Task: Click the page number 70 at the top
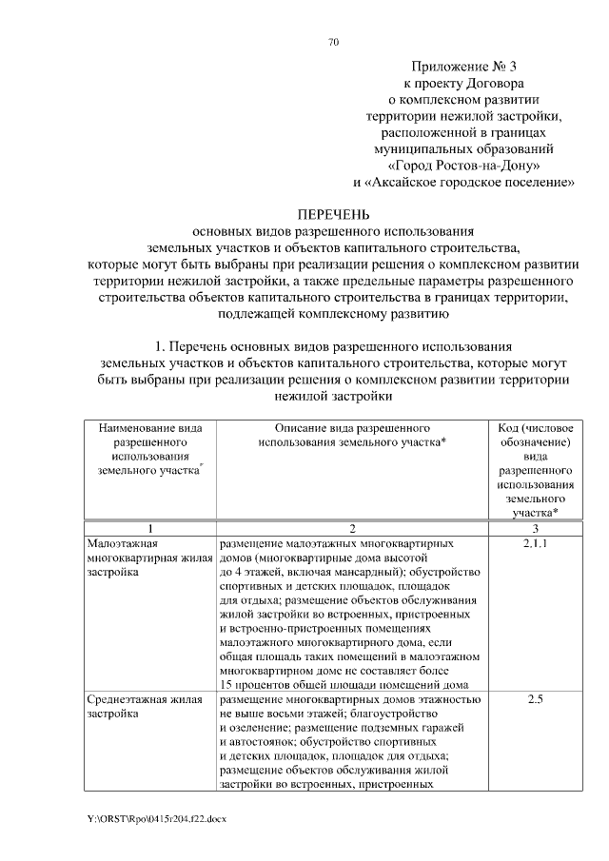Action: [333, 42]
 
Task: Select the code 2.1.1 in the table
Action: [535, 543]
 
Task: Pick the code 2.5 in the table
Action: [535, 700]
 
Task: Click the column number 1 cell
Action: [149, 528]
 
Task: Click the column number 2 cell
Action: [352, 528]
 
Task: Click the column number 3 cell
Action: [535, 528]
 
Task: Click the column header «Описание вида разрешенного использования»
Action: [352, 436]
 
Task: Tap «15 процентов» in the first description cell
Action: [257, 685]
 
